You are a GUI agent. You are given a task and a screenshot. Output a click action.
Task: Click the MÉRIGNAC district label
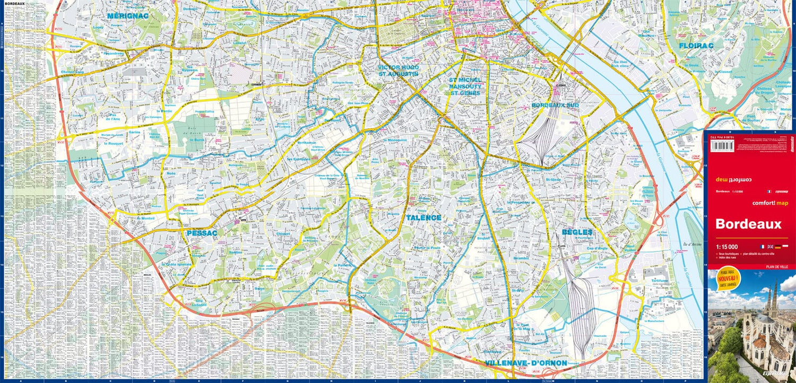(x=127, y=16)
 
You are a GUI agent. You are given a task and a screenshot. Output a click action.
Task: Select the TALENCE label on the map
(x=423, y=217)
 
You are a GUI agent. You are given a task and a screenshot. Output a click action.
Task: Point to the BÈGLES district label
(x=577, y=233)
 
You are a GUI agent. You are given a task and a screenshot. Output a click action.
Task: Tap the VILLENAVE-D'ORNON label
(x=525, y=363)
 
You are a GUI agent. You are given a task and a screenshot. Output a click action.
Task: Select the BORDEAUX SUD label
(x=556, y=106)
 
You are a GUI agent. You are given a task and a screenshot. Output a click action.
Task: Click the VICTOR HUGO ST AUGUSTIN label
(x=399, y=71)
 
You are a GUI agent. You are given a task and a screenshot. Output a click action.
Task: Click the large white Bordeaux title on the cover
(x=748, y=224)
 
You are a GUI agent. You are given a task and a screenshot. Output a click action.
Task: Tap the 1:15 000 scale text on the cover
(x=726, y=247)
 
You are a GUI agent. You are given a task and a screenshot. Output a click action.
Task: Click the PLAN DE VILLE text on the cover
(x=777, y=266)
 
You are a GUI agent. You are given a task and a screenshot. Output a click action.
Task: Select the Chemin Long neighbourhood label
(x=72, y=72)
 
